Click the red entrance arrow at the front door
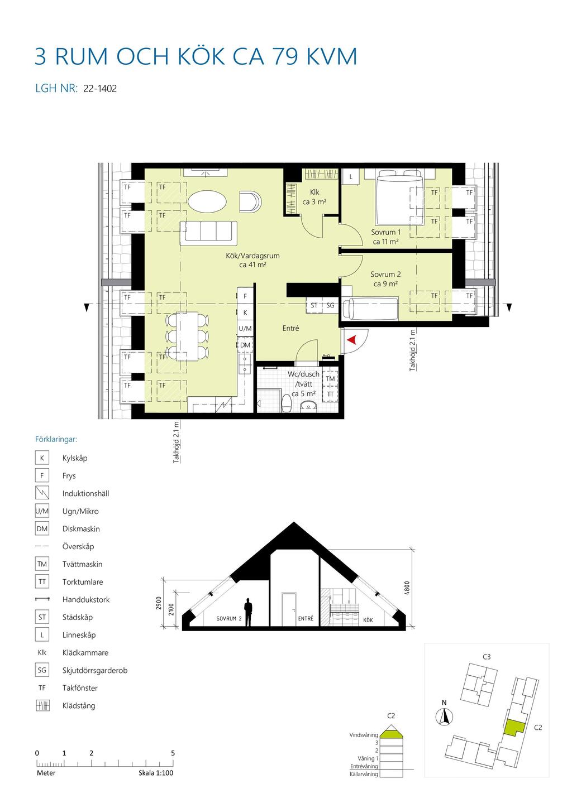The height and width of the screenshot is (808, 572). click(x=351, y=340)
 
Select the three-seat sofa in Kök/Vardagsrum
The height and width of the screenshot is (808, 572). click(x=209, y=233)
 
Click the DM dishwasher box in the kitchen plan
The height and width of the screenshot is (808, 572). click(x=245, y=345)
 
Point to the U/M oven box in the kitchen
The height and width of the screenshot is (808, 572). click(x=245, y=329)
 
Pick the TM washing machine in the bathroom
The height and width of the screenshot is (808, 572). click(x=330, y=378)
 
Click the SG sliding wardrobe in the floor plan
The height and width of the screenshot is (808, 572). click(x=330, y=305)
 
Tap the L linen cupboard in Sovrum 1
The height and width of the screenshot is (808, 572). click(x=351, y=177)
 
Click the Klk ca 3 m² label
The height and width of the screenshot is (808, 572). click(x=314, y=197)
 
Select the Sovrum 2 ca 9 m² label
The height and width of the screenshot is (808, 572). click(x=385, y=279)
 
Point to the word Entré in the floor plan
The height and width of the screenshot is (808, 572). click(x=290, y=328)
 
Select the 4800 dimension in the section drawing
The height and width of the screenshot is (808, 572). click(x=407, y=588)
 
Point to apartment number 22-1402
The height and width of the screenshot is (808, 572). click(x=100, y=89)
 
